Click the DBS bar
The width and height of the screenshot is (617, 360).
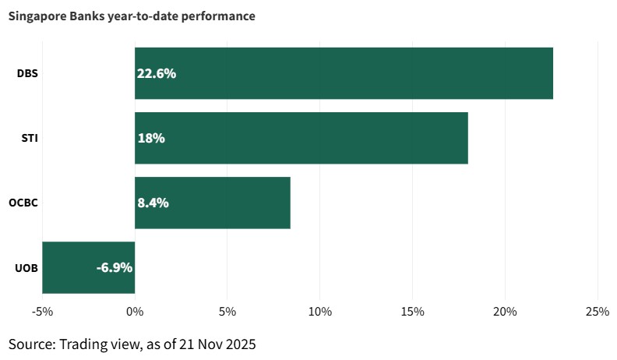coord(344,73)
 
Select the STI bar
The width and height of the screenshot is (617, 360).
coord(301,138)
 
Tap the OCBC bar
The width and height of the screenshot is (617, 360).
coord(213,203)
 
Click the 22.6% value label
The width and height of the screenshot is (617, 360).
coord(157,74)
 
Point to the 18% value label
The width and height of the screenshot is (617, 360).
coord(151,139)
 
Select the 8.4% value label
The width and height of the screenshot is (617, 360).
coord(153,203)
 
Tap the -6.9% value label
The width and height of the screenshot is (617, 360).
coord(115,267)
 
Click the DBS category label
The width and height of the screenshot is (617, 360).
coord(28,74)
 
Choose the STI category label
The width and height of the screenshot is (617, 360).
coord(30,139)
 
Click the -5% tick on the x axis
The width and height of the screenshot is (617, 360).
coord(42,312)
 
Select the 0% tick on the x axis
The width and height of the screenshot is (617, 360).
coord(135,312)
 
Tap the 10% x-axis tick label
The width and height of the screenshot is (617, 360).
coord(320,312)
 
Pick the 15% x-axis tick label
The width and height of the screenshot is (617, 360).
coord(412,312)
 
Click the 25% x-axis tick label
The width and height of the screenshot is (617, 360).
coord(598,312)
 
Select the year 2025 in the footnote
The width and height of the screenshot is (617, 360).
coord(238,344)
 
